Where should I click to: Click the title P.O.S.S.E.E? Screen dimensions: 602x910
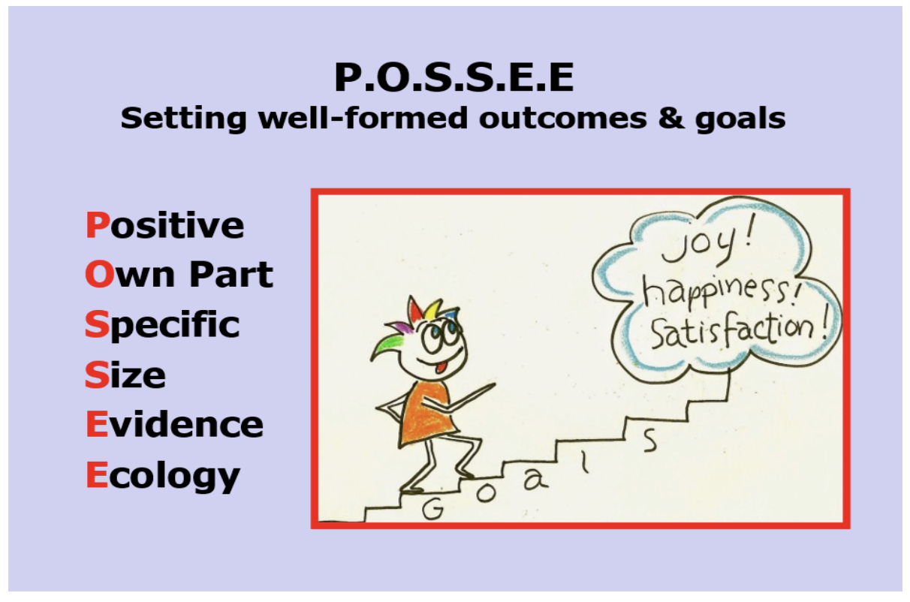[453, 77]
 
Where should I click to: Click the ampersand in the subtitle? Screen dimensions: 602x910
[687, 118]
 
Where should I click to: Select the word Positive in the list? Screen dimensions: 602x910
[164, 226]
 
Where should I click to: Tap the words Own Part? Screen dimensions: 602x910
[179, 275]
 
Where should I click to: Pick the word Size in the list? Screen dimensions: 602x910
[125, 375]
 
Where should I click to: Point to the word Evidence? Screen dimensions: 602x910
[174, 425]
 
